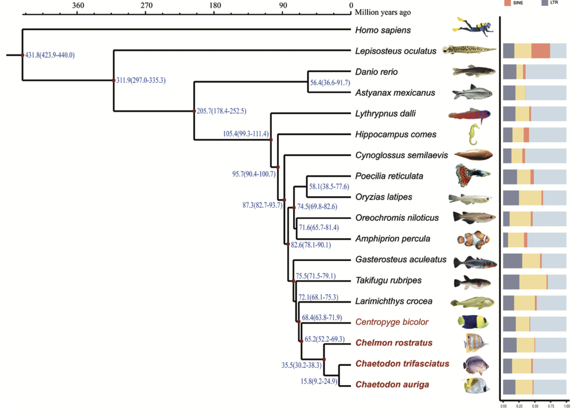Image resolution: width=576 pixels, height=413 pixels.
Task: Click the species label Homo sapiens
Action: click(x=383, y=30)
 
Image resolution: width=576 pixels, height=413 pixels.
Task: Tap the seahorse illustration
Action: click(x=473, y=134)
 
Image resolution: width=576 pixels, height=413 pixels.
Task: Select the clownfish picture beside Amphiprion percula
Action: click(x=474, y=239)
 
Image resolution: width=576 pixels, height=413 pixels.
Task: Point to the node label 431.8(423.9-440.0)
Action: click(x=50, y=55)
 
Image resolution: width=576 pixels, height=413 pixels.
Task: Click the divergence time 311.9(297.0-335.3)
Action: click(x=141, y=80)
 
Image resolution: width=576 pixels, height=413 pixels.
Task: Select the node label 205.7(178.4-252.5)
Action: click(x=221, y=111)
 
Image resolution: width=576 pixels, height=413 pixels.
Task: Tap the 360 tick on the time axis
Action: click(x=78, y=6)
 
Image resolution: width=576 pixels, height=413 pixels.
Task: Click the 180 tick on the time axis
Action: click(x=215, y=6)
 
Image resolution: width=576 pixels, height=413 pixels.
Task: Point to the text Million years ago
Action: click(x=383, y=12)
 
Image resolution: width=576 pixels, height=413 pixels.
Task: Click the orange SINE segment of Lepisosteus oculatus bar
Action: click(x=540, y=51)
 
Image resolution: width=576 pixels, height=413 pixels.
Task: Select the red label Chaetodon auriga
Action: click(x=392, y=384)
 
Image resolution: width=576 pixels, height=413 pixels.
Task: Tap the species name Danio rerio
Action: click(x=376, y=72)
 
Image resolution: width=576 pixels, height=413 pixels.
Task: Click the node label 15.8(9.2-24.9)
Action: click(x=319, y=381)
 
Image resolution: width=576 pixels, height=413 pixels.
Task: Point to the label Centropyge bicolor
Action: click(x=392, y=322)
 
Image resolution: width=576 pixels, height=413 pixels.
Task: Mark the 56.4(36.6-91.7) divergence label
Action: click(x=330, y=83)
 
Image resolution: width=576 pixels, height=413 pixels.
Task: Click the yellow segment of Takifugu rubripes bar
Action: click(x=533, y=282)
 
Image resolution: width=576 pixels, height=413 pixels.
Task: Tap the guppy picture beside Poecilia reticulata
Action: click(x=472, y=176)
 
